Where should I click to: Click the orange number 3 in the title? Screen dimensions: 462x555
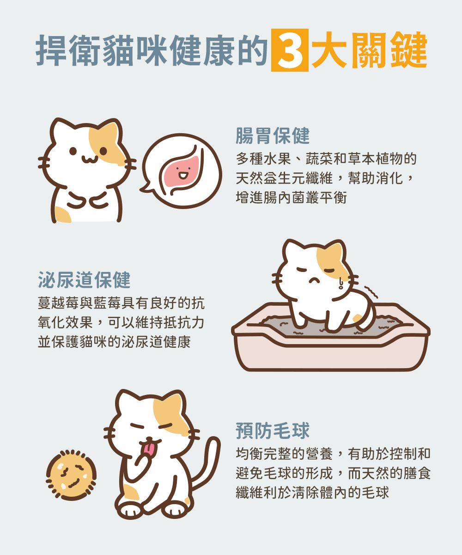[290, 50]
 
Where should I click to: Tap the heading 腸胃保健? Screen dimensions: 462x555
[273, 136]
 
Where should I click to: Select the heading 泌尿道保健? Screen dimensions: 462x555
[84, 280]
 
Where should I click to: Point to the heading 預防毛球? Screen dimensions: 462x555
[273, 431]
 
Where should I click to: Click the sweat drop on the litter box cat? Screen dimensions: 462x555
[340, 284]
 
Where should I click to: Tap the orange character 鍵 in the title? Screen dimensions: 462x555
[408, 50]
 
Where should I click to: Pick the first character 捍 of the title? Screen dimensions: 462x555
[53, 50]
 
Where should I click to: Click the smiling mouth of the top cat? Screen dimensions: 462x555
[90, 159]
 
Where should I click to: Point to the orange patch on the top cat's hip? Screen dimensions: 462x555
[63, 215]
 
